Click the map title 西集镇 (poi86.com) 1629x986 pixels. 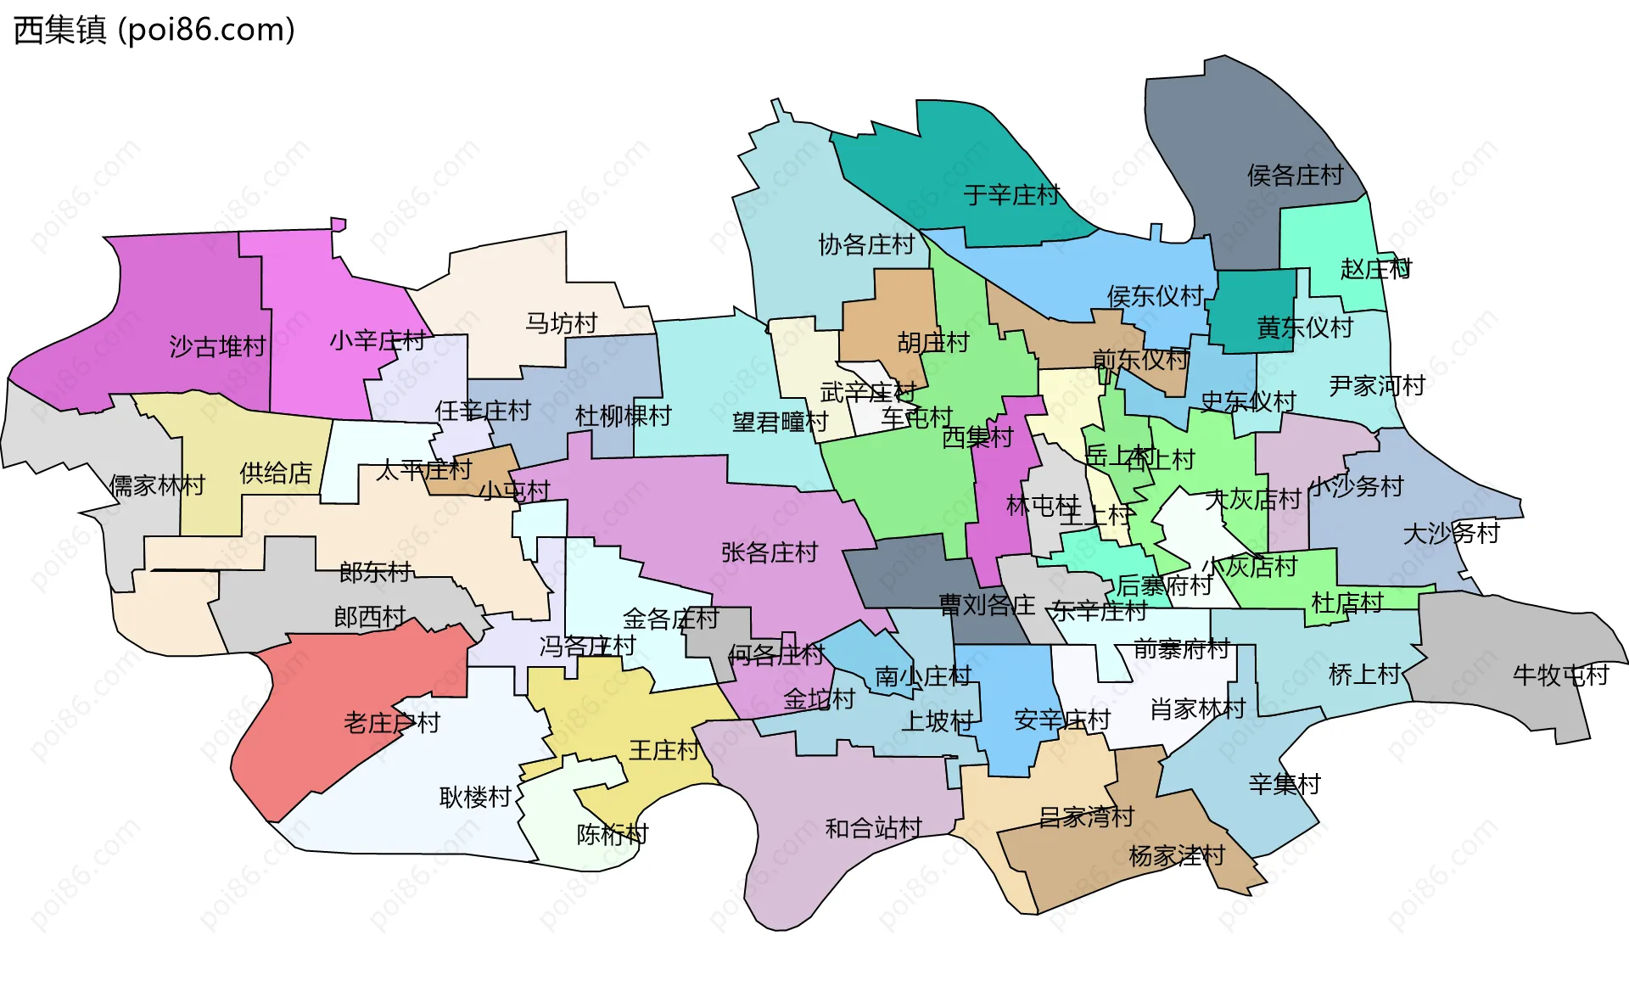click(154, 31)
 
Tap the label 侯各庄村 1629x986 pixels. click(1295, 176)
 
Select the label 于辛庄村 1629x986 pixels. click(1010, 196)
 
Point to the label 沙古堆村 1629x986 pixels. click(217, 347)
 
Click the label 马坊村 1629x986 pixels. click(562, 323)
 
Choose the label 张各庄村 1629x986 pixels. click(769, 553)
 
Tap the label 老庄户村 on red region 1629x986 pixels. click(391, 723)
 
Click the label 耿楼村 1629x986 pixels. click(475, 798)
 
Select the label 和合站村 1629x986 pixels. click(873, 828)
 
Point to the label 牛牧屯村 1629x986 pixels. click(1560, 675)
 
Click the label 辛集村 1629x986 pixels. click(1285, 784)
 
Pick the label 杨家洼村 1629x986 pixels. click(1177, 855)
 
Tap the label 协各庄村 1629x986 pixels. click(865, 245)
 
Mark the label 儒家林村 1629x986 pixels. click(157, 485)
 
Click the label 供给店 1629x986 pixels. click(276, 473)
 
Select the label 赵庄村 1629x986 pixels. click(1375, 270)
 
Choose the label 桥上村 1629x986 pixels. click(1363, 675)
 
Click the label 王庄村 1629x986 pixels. click(663, 750)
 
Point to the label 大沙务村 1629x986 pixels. click(1451, 534)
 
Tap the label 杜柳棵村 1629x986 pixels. click(623, 416)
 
